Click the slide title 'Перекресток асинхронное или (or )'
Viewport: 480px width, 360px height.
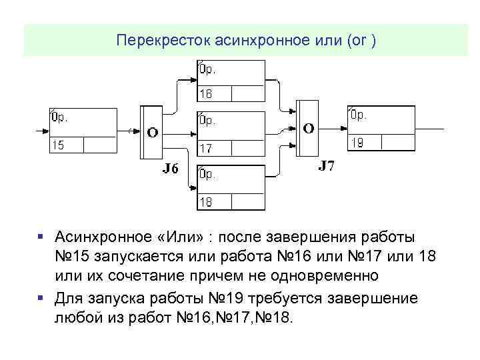(x=246, y=41)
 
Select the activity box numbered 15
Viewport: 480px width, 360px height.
(x=81, y=130)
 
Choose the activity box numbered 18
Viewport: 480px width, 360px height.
(x=231, y=188)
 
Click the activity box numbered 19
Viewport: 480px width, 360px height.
(x=381, y=128)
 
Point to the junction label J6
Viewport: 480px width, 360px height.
(x=171, y=168)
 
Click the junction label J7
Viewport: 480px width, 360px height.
(x=326, y=165)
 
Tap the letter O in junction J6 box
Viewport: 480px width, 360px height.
(x=153, y=132)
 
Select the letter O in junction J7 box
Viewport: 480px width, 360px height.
(x=308, y=127)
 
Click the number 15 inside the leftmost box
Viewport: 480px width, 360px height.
(x=59, y=145)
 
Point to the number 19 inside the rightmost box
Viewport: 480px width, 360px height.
(x=357, y=142)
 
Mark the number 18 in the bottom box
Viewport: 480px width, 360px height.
(x=207, y=202)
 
